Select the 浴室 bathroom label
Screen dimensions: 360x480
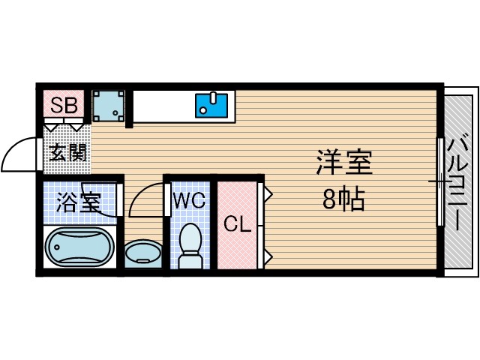79,202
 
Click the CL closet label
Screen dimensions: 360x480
236,223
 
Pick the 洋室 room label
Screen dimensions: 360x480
343,163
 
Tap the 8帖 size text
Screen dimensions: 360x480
343,200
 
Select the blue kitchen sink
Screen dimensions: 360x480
213,105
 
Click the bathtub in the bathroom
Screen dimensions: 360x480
79,247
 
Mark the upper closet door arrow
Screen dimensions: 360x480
267,193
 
